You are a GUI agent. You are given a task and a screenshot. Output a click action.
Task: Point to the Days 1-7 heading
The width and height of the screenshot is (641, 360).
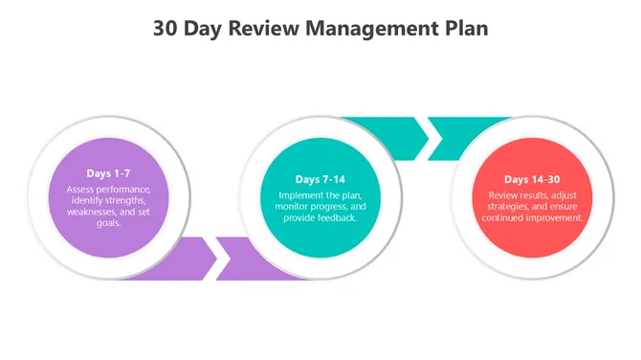point(108,173)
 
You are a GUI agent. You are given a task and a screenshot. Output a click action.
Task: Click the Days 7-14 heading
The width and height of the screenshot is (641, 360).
point(320,180)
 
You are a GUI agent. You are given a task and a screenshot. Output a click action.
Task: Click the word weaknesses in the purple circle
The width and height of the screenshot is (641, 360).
point(93,212)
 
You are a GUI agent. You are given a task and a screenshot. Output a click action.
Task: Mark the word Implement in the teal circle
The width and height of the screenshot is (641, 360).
point(286,194)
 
